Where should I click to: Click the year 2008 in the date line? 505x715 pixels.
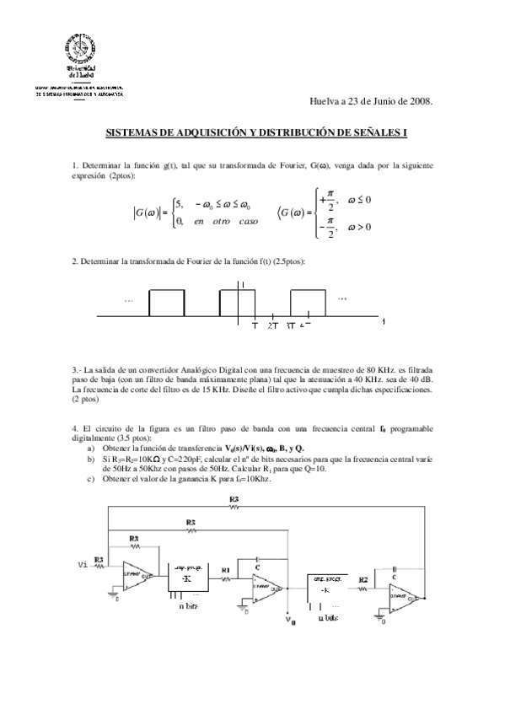click(419, 100)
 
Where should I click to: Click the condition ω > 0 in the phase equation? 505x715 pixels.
click(358, 227)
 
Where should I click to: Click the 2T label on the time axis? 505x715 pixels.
click(272, 324)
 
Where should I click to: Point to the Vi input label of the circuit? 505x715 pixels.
click(82, 563)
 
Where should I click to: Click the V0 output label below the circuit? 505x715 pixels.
click(292, 621)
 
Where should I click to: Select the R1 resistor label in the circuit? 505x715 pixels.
click(225, 570)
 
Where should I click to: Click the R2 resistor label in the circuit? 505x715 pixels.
click(362, 582)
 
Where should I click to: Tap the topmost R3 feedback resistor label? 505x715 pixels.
click(234, 501)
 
